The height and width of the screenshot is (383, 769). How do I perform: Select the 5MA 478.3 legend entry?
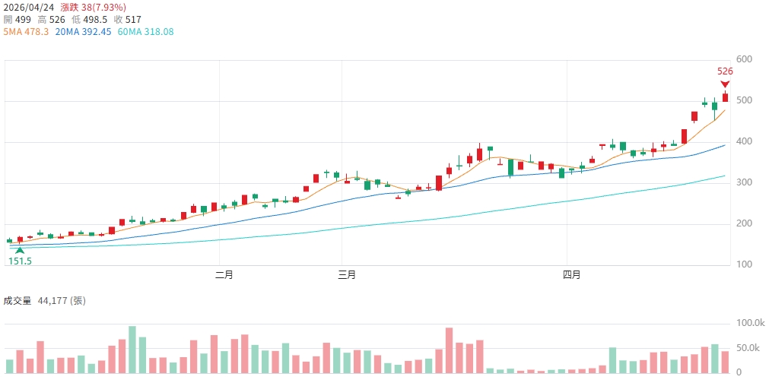26,32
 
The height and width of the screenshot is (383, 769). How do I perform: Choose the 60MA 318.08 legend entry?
146,32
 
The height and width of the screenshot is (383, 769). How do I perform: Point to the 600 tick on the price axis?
745,59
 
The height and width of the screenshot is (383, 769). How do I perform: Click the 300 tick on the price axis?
745,183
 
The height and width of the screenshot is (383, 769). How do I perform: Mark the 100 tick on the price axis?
745,265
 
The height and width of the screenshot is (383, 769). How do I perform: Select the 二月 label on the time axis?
224,274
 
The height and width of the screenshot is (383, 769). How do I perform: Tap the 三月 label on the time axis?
346,274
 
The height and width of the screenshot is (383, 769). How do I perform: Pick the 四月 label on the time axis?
571,274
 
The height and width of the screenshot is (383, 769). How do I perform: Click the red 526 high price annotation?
725,71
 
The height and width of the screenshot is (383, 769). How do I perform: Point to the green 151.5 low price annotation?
21,261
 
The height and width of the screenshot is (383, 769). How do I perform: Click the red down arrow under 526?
725,84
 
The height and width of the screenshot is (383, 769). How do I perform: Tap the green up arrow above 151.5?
20,250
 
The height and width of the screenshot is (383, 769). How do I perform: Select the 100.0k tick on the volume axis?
751,324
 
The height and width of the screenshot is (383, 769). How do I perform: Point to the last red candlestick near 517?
725,97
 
